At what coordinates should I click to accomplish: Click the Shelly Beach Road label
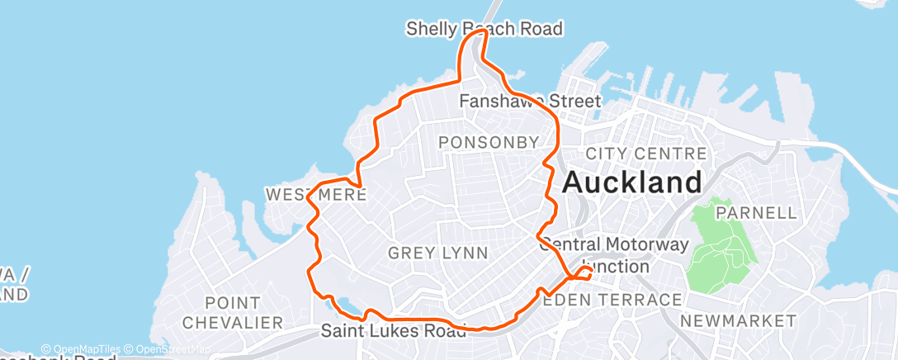(x=484, y=29)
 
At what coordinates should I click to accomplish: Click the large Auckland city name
(x=632, y=182)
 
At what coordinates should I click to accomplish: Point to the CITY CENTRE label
(x=645, y=154)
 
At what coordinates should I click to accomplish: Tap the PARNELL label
(x=756, y=213)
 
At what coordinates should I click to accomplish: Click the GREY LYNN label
(x=437, y=252)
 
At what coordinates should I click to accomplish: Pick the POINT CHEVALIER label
(x=232, y=312)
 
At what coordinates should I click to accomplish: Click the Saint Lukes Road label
(x=393, y=332)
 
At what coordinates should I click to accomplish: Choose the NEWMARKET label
(x=739, y=320)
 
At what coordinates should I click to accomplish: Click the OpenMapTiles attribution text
(x=81, y=349)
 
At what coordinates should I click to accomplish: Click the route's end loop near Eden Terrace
(x=585, y=272)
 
